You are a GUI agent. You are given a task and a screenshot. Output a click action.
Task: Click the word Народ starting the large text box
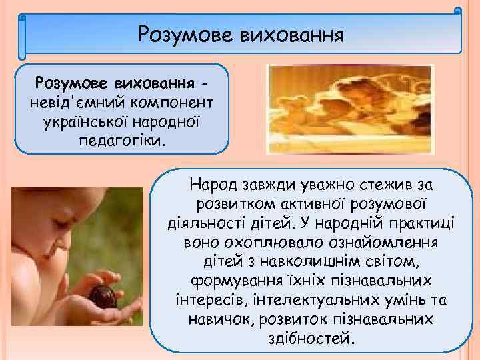coord(213,181)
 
